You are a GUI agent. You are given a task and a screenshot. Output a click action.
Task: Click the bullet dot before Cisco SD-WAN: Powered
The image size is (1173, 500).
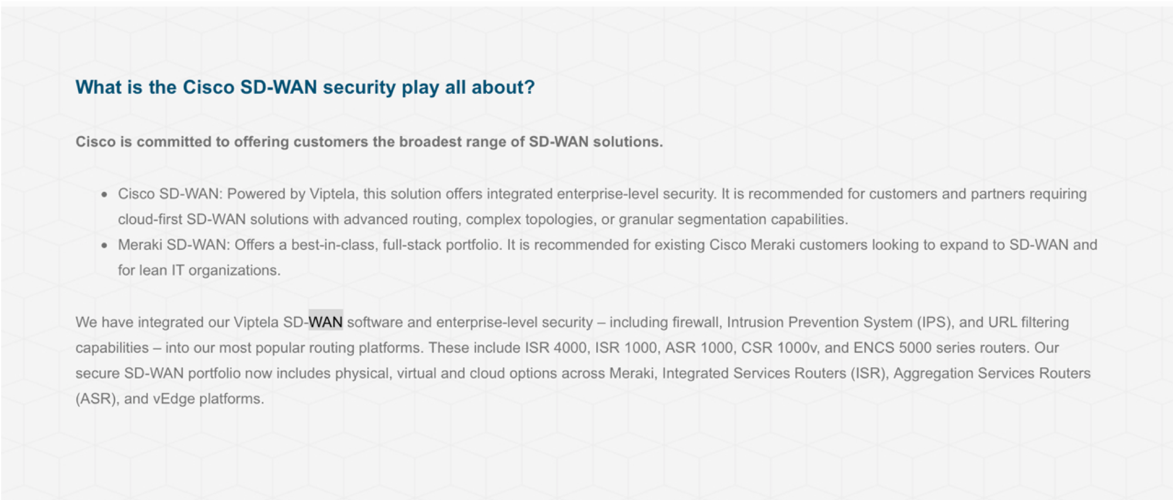[104, 195]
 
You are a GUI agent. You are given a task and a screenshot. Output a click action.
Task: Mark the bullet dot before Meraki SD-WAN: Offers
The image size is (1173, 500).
[104, 245]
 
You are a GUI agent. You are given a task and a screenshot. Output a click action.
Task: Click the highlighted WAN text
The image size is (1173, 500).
[326, 322]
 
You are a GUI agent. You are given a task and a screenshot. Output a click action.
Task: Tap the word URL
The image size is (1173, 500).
[1002, 322]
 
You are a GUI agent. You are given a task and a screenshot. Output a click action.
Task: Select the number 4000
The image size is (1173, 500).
[570, 348]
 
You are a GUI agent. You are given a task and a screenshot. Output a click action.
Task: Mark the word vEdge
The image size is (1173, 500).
[174, 399]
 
